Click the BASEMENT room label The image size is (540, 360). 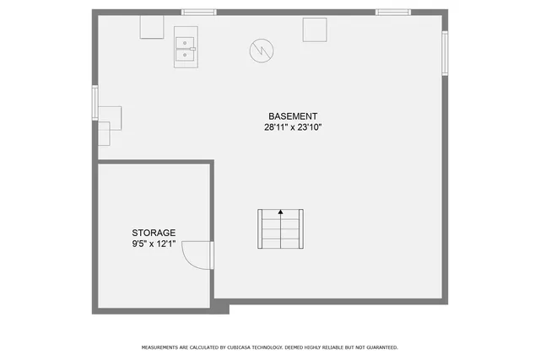pos(293,116)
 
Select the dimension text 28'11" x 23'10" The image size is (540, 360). pos(293,127)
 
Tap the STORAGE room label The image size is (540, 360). pos(154,233)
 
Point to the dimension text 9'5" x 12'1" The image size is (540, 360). pos(154,244)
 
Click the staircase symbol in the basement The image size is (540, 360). pos(280,229)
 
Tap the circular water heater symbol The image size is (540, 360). pos(262,51)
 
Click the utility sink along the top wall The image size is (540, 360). pos(186,48)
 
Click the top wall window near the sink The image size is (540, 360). pos(199,13)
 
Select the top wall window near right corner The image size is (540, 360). pos(393,13)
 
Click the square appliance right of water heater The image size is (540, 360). pos(315,29)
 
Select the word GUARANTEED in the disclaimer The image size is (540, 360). pos(377,347)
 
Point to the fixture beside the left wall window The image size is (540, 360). pos(110,118)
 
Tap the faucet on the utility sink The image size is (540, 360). pos(192,49)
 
